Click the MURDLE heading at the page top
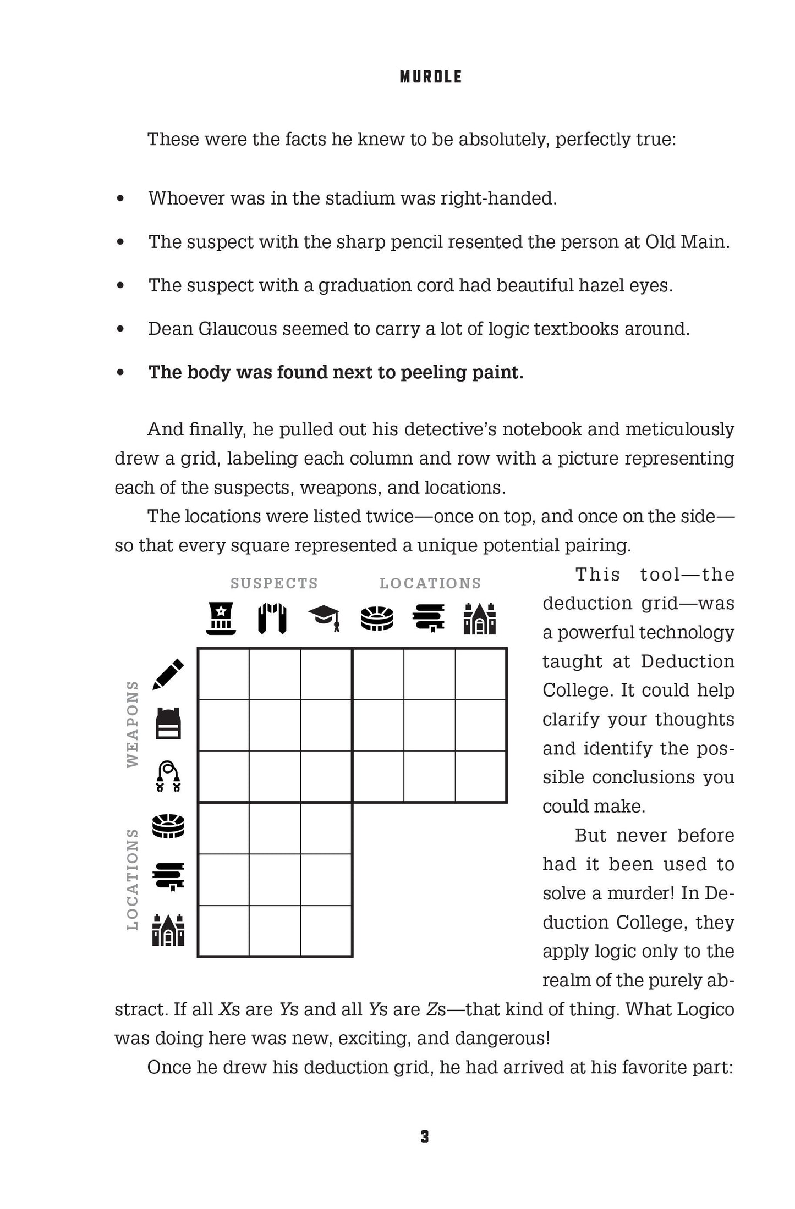tap(430, 77)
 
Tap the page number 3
tap(424, 1137)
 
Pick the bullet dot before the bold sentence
tap(120, 372)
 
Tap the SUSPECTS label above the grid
tap(274, 583)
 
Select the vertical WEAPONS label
tap(132, 724)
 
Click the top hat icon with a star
tap(221, 619)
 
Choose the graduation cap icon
tap(324, 619)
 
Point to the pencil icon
tap(168, 673)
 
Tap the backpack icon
tap(168, 724)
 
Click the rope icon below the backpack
tap(168, 776)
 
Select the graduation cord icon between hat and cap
tap(272, 619)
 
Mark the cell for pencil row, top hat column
tap(223, 674)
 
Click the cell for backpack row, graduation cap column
tap(326, 725)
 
